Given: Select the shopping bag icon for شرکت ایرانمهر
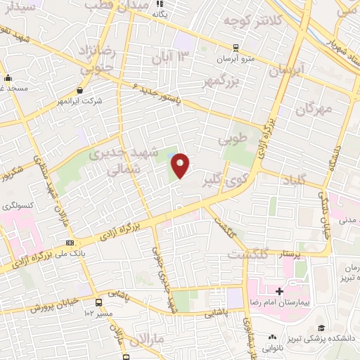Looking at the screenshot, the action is (80, 90).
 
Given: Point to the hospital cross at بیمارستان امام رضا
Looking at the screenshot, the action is (279, 291).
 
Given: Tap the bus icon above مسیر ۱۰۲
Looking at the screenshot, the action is (98, 303).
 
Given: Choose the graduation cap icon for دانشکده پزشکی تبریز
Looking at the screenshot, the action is (321, 328).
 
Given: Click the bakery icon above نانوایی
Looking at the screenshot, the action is (272, 337).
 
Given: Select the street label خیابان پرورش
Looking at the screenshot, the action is (52, 307).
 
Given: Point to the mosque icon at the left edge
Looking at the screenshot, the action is (8, 78).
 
